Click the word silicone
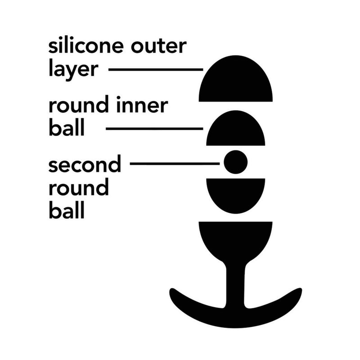pyautogui.click(x=86, y=45)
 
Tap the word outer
pyautogui.click(x=159, y=46)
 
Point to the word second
pyautogui.click(x=85, y=164)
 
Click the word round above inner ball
pyautogui.click(x=78, y=104)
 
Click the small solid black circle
pyautogui.click(x=235, y=162)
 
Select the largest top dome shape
pyautogui.click(x=235, y=81)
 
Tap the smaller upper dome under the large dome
pyautogui.click(x=235, y=130)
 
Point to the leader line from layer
pyautogui.click(x=156, y=69)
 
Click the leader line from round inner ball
pyautogui.click(x=154, y=129)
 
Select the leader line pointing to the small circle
pyautogui.click(x=175, y=164)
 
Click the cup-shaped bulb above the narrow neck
pyautogui.click(x=235, y=241)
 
